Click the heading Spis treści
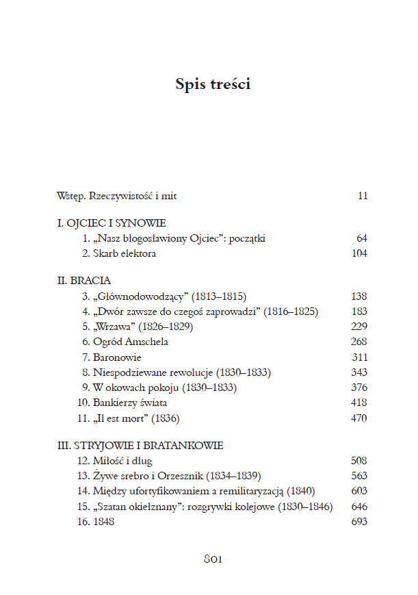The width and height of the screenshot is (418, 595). (213, 84)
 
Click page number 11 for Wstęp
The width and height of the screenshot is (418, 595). (362, 197)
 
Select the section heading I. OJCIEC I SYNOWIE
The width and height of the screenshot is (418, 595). (112, 223)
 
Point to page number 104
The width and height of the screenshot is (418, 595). (358, 254)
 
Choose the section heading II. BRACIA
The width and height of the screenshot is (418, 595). (83, 281)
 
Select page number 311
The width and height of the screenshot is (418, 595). (358, 357)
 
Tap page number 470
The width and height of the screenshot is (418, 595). (358, 418)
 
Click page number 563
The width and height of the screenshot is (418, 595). (358, 476)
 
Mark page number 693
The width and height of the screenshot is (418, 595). (358, 522)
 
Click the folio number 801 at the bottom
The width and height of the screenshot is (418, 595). (213, 559)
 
